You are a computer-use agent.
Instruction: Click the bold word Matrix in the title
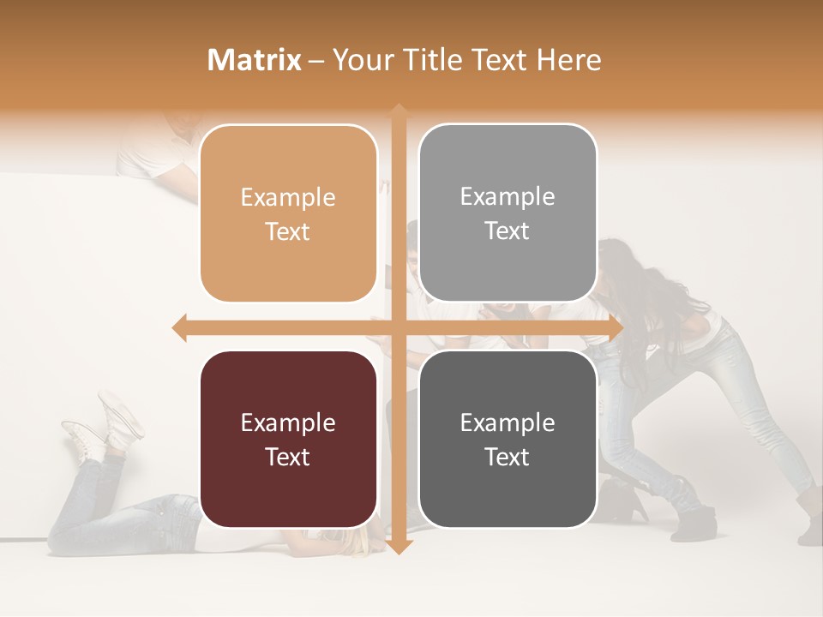[254, 60]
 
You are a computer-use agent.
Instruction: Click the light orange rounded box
[288, 213]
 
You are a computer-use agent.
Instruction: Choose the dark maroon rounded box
[288, 439]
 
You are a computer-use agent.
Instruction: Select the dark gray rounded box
[508, 439]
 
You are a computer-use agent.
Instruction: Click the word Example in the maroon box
[288, 422]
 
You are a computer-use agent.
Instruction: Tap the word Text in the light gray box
[508, 231]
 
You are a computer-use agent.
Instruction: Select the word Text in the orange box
[288, 231]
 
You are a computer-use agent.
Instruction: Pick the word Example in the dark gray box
[508, 422]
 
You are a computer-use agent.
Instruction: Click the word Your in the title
[361, 60]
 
